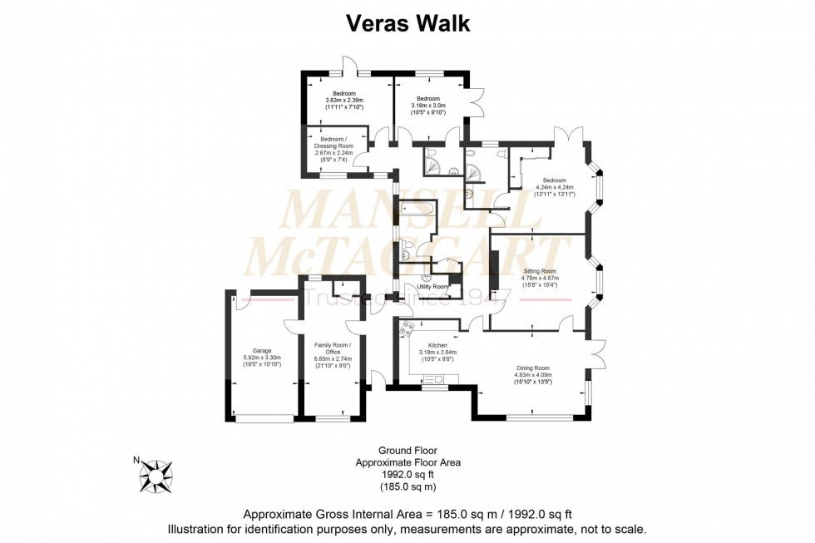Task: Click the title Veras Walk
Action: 407,24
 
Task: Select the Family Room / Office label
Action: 333,348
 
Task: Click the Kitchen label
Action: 437,345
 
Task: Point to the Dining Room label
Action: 532,368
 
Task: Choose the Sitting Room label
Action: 540,271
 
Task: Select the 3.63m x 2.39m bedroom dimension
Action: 344,101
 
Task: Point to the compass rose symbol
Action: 156,476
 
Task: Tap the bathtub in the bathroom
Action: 417,213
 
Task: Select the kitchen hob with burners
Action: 407,328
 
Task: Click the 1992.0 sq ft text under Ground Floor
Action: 407,474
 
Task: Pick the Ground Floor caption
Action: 407,450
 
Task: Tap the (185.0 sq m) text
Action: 407,486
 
